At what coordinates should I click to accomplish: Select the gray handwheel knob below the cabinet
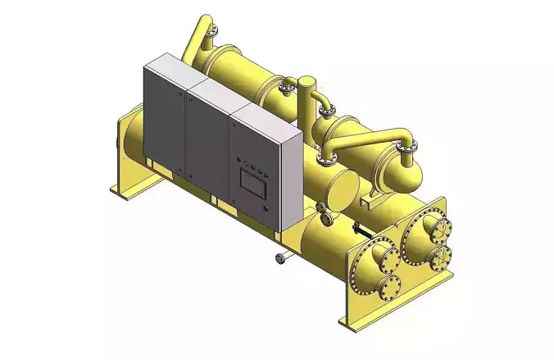(x=281, y=259)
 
